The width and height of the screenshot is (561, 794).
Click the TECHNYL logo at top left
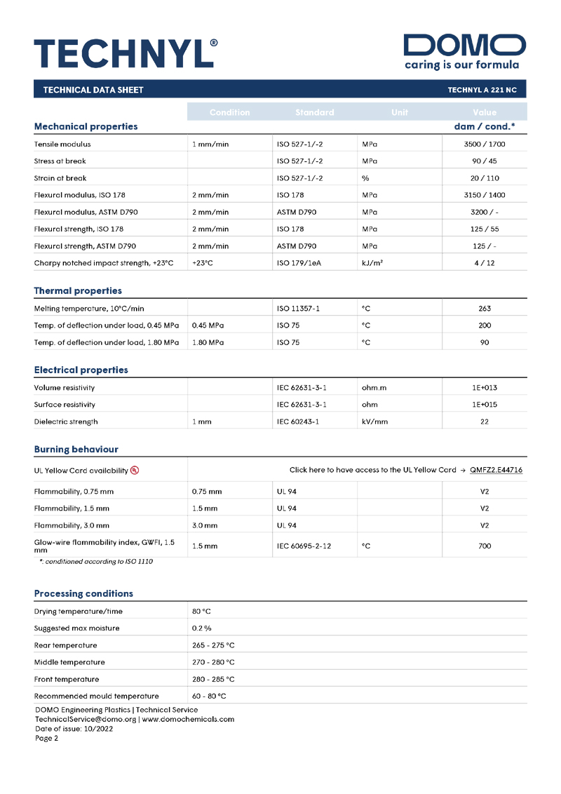(126, 52)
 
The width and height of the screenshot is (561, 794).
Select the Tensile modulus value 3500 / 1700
(485, 144)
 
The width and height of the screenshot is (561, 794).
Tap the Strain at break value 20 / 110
(485, 178)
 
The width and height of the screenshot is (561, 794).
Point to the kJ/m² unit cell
(372, 263)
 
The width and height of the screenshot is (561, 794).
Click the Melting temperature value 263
(485, 309)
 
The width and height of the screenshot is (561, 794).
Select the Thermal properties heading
(78, 290)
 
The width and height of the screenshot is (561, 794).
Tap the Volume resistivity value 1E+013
(485, 388)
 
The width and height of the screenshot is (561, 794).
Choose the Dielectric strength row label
(66, 422)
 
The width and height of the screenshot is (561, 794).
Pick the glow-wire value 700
(485, 546)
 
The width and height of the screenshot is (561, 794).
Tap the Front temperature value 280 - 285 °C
(213, 679)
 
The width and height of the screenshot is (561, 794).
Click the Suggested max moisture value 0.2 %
(202, 628)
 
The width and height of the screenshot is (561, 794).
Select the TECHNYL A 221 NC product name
(482, 90)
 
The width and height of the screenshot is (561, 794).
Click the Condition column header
(229, 112)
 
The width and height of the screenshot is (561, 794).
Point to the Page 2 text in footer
(47, 738)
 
